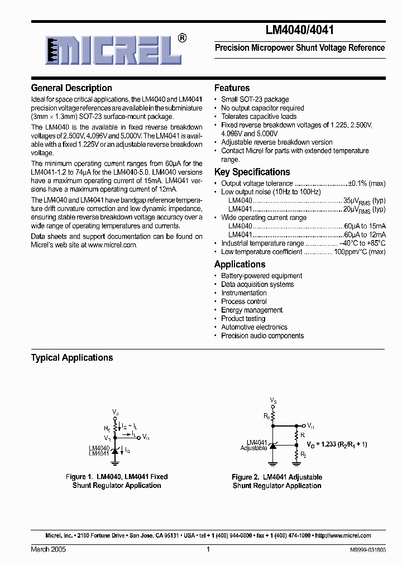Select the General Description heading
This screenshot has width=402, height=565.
[71, 88]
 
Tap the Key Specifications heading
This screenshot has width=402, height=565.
[252, 172]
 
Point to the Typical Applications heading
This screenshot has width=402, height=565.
[72, 358]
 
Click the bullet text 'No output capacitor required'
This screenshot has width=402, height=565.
[262, 108]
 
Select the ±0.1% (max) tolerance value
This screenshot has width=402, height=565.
[366, 184]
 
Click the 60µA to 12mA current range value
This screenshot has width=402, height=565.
[365, 234]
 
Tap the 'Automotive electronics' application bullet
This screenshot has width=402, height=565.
[254, 327]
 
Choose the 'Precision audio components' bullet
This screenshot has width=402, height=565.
[262, 336]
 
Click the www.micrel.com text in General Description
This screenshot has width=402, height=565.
[112, 245]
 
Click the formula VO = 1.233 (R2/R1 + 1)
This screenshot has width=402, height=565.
[337, 444]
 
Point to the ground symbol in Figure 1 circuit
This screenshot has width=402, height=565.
[115, 462]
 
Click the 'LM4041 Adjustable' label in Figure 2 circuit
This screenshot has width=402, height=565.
[253, 445]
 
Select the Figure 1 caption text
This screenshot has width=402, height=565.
[117, 481]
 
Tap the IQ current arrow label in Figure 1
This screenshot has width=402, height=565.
[128, 450]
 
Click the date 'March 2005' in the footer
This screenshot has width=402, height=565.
[48, 549]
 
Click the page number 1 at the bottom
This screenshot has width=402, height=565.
[208, 549]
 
